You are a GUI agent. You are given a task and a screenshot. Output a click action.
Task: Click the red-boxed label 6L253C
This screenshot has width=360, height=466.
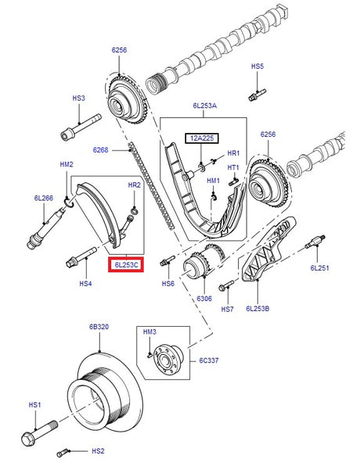click(125, 266)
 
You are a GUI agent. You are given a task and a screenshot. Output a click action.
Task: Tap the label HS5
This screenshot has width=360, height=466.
click(257, 67)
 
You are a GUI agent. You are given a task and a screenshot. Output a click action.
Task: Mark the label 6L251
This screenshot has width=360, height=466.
click(321, 268)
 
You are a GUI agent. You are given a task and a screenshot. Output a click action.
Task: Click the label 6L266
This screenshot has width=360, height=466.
click(43, 199)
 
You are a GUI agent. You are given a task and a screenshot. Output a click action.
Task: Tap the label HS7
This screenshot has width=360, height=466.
click(227, 309)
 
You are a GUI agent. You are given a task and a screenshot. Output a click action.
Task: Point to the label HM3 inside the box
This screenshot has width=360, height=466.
click(150, 333)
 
